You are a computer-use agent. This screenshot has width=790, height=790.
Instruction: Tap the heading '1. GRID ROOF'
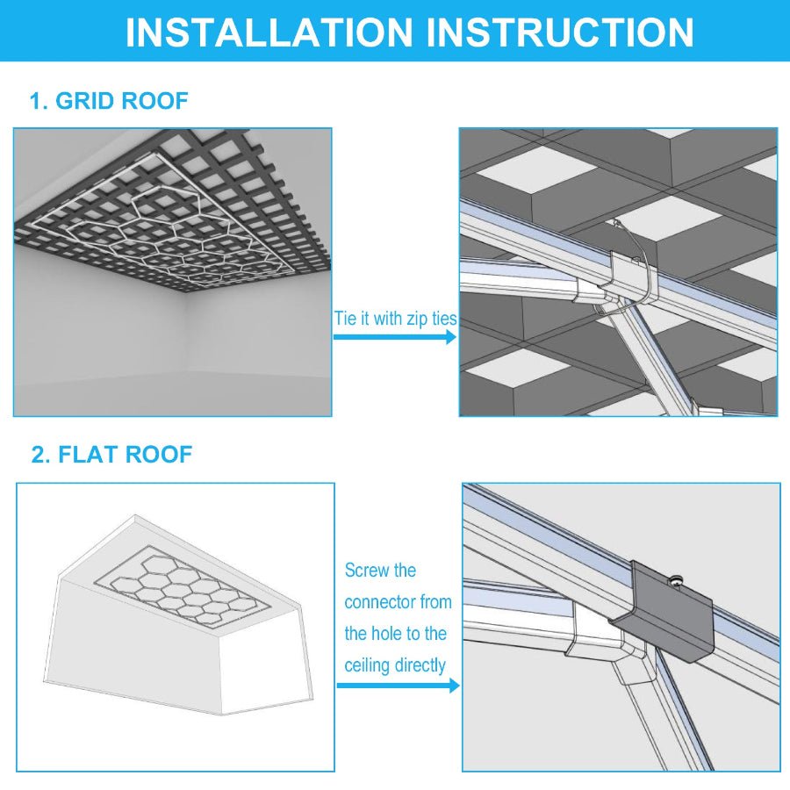tap(109, 101)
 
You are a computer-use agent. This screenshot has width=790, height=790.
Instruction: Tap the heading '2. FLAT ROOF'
tap(111, 455)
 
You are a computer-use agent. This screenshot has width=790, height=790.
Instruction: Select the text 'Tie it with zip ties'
tap(395, 318)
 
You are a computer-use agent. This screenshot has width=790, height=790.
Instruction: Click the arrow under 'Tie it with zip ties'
tap(395, 337)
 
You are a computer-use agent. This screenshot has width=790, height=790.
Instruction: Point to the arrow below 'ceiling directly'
tap(398, 685)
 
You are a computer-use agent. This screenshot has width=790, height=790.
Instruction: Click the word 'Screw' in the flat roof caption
tap(367, 571)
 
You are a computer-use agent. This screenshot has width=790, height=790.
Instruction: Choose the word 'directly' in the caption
tap(421, 665)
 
